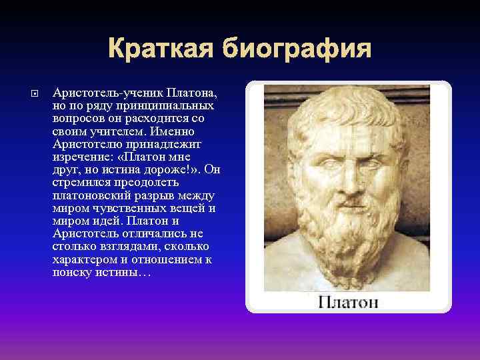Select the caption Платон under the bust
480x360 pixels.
click(x=348, y=302)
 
